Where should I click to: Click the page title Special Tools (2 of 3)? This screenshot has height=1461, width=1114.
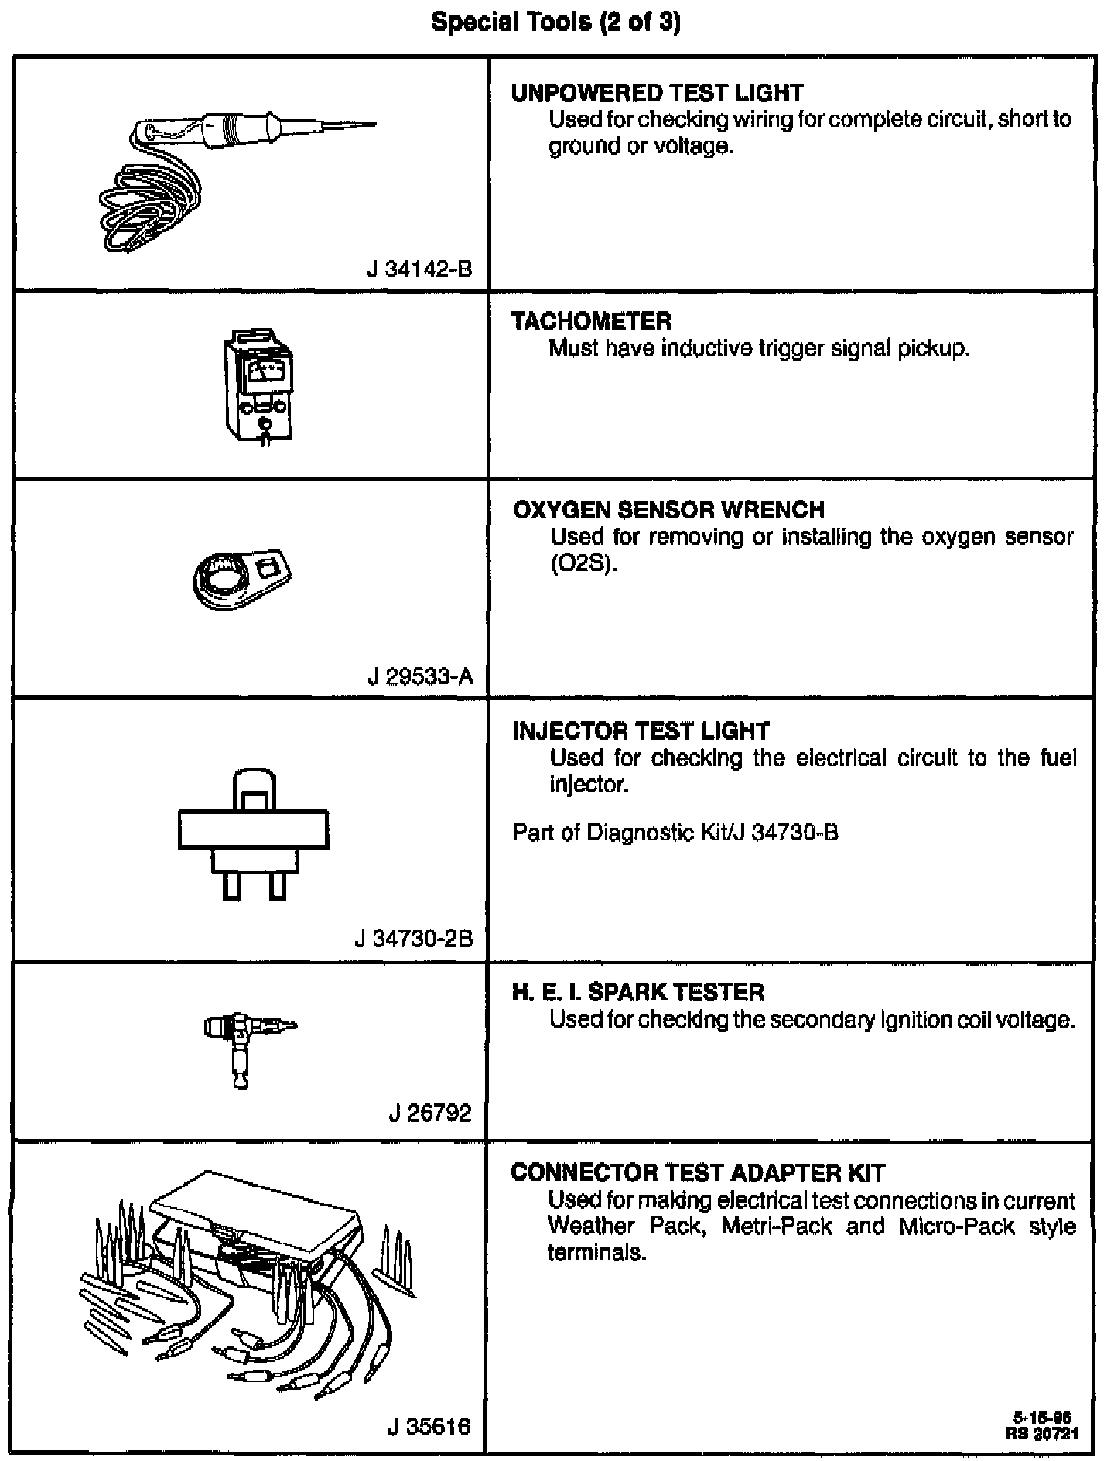click(x=556, y=23)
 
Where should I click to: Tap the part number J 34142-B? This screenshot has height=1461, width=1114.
click(x=419, y=269)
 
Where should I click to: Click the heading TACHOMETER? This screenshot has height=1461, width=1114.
click(x=591, y=321)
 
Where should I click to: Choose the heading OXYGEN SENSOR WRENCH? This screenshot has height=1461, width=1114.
click(x=668, y=510)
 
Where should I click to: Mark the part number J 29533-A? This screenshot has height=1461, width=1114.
click(x=419, y=677)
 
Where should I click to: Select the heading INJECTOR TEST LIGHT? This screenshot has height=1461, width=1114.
click(x=641, y=731)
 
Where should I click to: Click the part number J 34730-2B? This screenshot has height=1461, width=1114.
click(x=413, y=939)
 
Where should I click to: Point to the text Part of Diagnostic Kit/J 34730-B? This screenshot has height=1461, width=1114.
click(x=675, y=833)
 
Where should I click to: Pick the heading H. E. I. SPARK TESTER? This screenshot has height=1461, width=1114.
click(x=637, y=992)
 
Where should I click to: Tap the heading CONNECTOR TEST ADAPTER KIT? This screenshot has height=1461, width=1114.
click(x=697, y=1173)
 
